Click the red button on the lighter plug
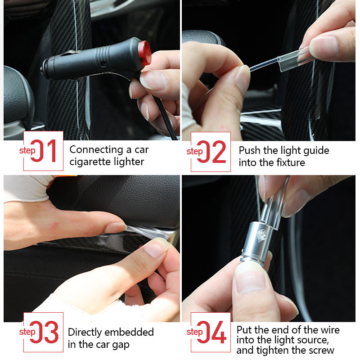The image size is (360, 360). coord(144,52)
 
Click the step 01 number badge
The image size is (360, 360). coord(43,151)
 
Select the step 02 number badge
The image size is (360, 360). coord(211,152)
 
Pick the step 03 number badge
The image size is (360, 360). coord(43,333)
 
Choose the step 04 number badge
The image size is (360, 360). coord(211,333)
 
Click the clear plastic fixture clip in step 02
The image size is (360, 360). coord(295,58)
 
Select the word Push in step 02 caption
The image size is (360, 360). coord(250,150)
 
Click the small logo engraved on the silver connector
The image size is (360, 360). coord(262,234)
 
